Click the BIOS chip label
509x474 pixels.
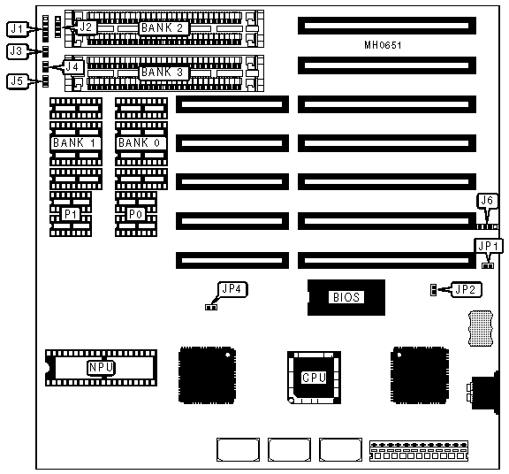tap(346, 297)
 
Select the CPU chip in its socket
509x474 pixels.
tap(314, 378)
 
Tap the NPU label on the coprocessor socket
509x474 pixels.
tap(102, 368)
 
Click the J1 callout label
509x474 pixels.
tap(17, 29)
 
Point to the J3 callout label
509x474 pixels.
tap(16, 51)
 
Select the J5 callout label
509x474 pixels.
tap(17, 80)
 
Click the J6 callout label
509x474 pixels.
tap(487, 201)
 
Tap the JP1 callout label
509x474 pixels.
tap(488, 246)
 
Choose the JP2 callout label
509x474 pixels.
tap(465, 289)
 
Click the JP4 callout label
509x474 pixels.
tap(232, 289)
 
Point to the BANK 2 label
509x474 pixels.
tap(163, 28)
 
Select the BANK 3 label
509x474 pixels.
tap(163, 73)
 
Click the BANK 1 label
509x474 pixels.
tap(75, 142)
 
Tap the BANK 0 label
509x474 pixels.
tap(141, 142)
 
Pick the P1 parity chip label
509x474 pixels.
tap(71, 214)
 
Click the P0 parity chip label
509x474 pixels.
tap(136, 214)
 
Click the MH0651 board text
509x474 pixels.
tap(383, 45)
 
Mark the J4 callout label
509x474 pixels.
tap(72, 67)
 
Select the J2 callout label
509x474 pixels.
tap(86, 27)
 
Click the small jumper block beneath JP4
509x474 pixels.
tap(211, 307)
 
